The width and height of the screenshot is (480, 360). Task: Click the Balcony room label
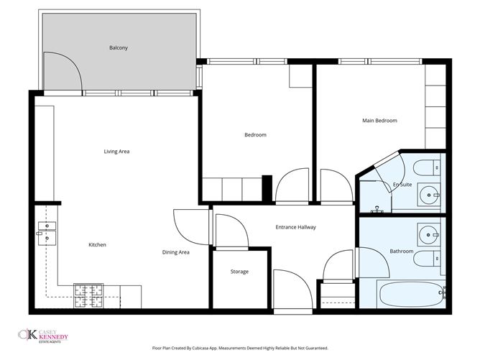click(x=119, y=47)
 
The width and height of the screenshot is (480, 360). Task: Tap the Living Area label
click(x=116, y=151)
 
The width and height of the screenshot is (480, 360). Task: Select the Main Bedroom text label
click(x=379, y=121)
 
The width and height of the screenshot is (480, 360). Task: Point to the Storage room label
click(x=239, y=272)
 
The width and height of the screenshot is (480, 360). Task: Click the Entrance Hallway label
click(x=296, y=227)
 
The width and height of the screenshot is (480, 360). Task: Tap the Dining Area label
click(x=176, y=252)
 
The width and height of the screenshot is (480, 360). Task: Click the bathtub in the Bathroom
click(x=412, y=294)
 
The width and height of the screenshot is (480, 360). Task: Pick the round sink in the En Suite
click(x=429, y=195)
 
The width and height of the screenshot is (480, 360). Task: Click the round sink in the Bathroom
click(x=428, y=234)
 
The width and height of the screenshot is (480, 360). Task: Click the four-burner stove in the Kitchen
click(x=88, y=296)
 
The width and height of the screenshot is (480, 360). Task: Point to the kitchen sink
click(x=47, y=234)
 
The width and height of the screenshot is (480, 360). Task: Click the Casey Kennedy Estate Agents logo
click(x=43, y=336)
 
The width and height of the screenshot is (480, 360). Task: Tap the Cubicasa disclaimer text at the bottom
click(x=240, y=348)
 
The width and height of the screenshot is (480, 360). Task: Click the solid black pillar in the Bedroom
click(x=267, y=188)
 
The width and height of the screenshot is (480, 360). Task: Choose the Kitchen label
click(x=97, y=244)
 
